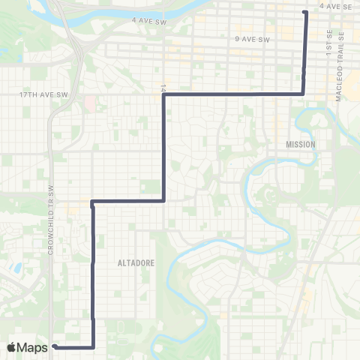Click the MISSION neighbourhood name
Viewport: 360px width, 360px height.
(301, 143)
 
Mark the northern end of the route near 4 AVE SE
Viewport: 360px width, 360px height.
(304, 12)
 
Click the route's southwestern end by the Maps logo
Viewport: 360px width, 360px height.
(55, 346)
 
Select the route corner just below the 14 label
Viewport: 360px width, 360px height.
(163, 94)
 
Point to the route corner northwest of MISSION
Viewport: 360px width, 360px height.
(303, 94)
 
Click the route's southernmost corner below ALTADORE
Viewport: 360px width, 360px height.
(93, 347)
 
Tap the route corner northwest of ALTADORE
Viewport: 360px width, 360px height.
(92, 201)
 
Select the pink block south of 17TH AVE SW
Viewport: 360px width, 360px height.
(90, 103)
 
